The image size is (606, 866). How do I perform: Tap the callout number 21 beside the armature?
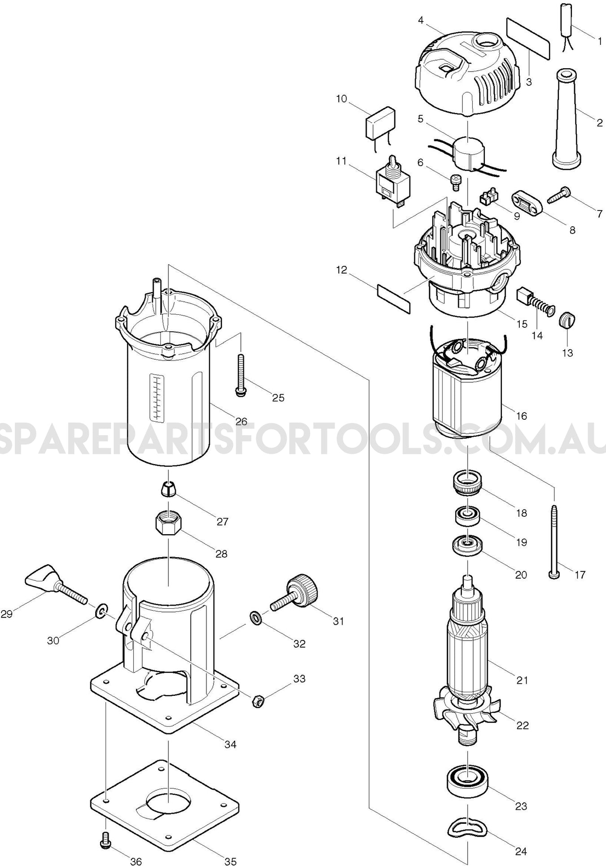pos(522,680)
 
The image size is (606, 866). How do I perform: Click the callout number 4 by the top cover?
pos(420,20)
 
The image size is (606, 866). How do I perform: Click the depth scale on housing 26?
pos(156,397)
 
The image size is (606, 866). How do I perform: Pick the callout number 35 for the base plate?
pos(230,861)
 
